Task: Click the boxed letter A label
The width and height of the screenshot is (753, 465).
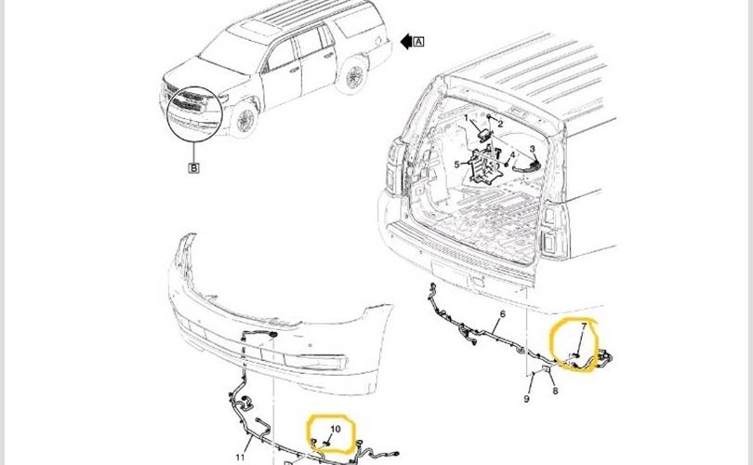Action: click(x=418, y=42)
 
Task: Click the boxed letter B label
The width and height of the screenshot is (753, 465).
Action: click(x=193, y=168)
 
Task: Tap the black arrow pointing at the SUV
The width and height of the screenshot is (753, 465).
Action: click(x=406, y=42)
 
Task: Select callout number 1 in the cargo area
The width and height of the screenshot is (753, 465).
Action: click(x=466, y=118)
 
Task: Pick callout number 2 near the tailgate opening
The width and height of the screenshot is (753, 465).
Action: click(x=500, y=124)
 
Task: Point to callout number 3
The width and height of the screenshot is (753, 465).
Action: click(x=532, y=149)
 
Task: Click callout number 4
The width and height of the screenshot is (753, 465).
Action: click(x=512, y=155)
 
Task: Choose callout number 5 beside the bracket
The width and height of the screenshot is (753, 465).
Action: click(x=456, y=165)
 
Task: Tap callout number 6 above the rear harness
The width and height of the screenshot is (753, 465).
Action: click(x=502, y=314)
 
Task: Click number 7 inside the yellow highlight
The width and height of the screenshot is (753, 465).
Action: click(x=584, y=326)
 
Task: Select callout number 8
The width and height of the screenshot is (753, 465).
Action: click(x=555, y=391)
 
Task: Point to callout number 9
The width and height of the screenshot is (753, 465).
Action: click(x=527, y=399)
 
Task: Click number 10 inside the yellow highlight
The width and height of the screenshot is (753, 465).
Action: click(x=336, y=429)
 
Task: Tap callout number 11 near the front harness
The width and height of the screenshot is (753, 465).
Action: click(x=240, y=457)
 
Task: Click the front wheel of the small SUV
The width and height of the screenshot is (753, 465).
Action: click(x=245, y=119)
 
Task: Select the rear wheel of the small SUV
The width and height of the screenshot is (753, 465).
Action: click(x=354, y=75)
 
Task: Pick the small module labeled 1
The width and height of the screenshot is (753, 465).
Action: click(x=485, y=135)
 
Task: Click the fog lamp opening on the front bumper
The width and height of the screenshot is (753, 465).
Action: click(x=314, y=361)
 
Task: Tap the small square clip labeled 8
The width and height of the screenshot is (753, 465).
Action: click(x=547, y=370)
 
